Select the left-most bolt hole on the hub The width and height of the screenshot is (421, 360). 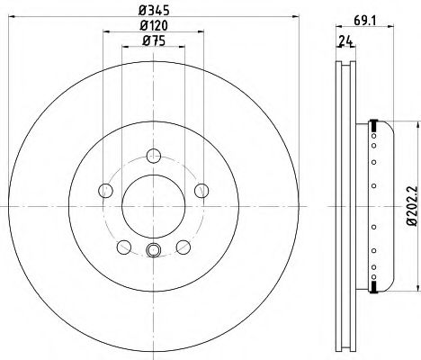coord(105,190)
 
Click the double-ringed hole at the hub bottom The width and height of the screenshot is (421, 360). coord(153,251)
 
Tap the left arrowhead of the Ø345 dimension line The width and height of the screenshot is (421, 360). coord(19,20)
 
